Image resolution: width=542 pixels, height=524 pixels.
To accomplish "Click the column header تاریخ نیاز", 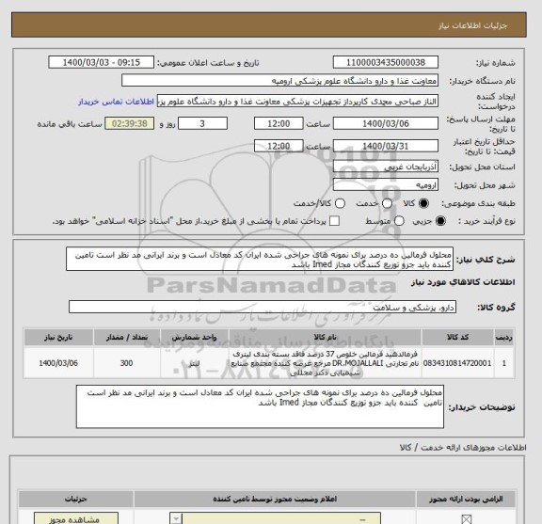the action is (x=52, y=332).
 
